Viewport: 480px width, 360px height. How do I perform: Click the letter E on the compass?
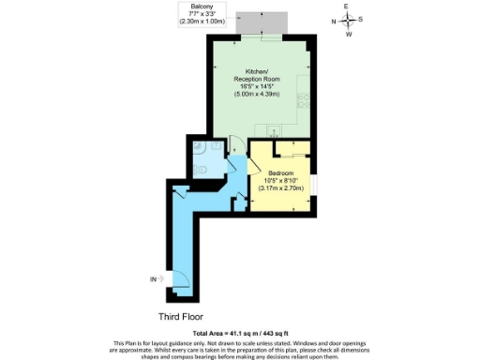tap(347, 7)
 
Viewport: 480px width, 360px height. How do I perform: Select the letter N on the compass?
tap(332, 21)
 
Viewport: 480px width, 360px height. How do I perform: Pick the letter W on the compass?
tap(349, 35)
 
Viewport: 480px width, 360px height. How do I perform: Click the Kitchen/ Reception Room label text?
tap(256, 76)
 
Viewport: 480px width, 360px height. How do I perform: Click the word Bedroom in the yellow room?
tap(282, 173)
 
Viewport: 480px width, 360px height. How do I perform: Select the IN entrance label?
tap(153, 278)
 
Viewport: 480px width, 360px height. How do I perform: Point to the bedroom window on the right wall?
tap(315, 182)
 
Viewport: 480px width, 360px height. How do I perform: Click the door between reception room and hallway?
tap(236, 145)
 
